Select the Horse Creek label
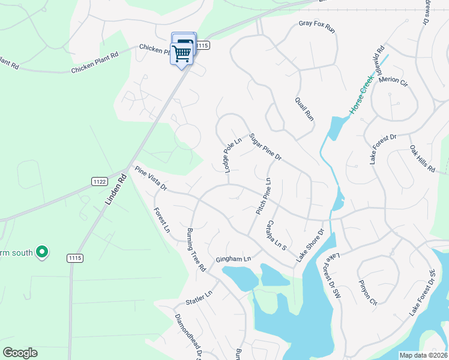coord(362,95)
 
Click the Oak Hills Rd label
coord(422,159)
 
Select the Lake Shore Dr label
coord(310,244)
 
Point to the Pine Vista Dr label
coord(151,179)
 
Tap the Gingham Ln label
coord(232,259)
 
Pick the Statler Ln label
coord(199,297)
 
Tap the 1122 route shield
coord(100,181)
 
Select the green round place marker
coord(41,252)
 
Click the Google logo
coord(20,353)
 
